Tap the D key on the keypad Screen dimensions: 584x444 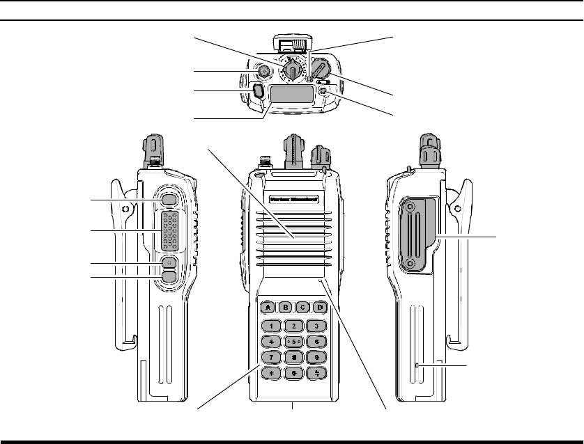[x=321, y=306]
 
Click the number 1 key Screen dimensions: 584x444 [x=272, y=325]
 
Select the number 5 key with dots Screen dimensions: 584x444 [x=294, y=341]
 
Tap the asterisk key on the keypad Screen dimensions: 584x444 [x=272, y=373]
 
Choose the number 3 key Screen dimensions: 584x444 [x=316, y=325]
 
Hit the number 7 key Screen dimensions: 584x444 [x=272, y=357]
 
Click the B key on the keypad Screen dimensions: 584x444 [x=285, y=306]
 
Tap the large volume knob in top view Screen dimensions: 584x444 [x=321, y=69]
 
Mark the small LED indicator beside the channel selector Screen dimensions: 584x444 [x=309, y=79]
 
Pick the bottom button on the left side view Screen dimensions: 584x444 [x=169, y=276]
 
